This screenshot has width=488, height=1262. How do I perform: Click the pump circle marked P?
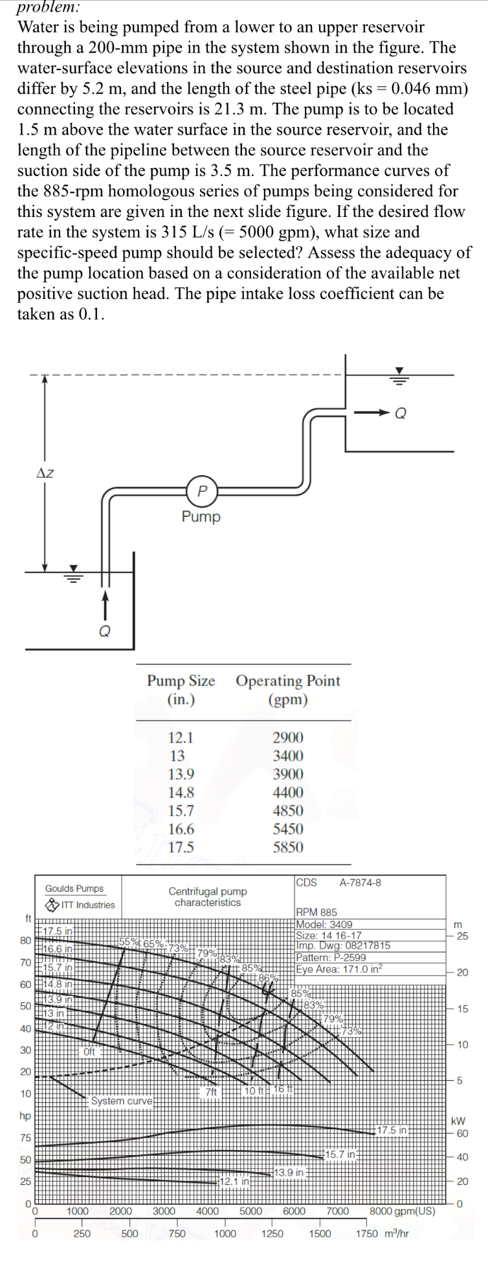coord(202,491)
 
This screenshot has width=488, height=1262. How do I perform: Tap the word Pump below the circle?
coord(201,517)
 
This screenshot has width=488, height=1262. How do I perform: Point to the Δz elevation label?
coord(45,473)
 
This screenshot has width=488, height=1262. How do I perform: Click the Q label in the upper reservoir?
coord(401,413)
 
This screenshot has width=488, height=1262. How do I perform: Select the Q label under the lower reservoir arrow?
coord(104,631)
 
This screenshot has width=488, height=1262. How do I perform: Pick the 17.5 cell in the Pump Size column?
coord(181,847)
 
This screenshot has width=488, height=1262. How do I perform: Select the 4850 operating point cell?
coord(287,811)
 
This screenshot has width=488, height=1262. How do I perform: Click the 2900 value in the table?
coord(287,738)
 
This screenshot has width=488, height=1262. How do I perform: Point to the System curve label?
coord(122,1101)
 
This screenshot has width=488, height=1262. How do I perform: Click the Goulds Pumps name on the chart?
coord(74,888)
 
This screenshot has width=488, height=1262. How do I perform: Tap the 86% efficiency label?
coord(268,978)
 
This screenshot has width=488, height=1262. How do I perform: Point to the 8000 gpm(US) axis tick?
coord(402,1211)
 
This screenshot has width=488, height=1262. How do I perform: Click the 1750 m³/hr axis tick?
coord(382,1234)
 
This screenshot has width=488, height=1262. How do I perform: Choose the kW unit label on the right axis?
coord(458,1121)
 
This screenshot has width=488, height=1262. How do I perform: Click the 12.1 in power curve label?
coord(234,1182)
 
